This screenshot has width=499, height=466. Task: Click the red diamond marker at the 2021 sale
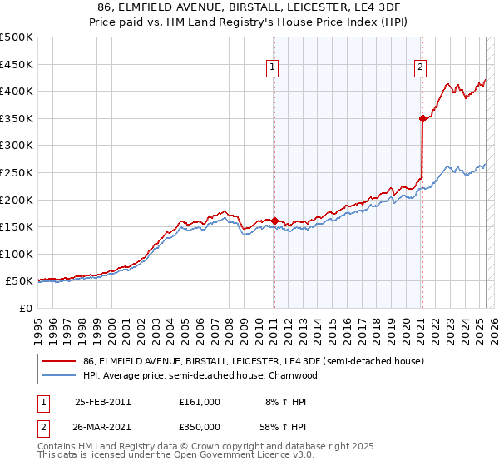[422, 118]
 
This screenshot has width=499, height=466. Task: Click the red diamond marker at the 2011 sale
[274, 221]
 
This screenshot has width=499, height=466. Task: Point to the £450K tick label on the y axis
[17, 64]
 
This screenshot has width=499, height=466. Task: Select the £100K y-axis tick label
[17, 254]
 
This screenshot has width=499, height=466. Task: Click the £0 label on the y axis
[26, 309]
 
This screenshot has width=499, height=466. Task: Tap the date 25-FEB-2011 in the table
[102, 402]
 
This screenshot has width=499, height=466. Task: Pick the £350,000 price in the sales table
[199, 427]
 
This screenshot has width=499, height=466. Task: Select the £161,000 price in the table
[199, 402]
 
